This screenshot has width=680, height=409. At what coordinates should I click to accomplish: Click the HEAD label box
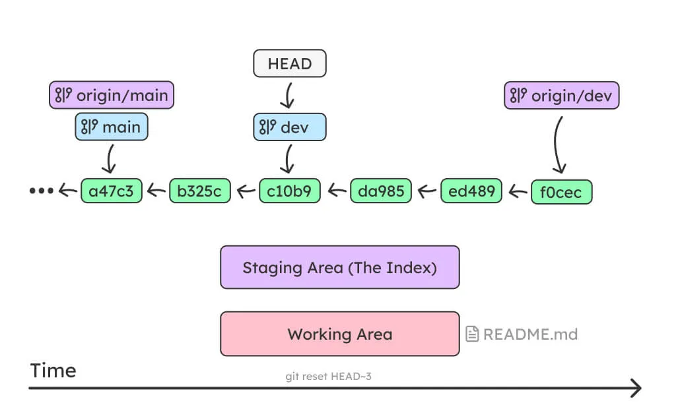tap(290, 64)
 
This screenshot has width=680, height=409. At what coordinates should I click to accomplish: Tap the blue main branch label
tap(112, 127)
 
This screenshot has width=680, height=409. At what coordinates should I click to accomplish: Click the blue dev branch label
tap(289, 127)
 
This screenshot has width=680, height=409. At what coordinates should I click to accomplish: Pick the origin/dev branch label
tap(562, 96)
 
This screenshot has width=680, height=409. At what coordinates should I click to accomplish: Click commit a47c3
tap(111, 191)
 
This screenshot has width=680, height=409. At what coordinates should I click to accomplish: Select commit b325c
tap(200, 191)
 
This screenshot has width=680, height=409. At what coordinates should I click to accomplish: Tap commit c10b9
tap(289, 191)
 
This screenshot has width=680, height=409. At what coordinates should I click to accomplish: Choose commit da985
tap(380, 191)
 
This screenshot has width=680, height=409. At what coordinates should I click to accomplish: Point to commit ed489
tap(471, 191)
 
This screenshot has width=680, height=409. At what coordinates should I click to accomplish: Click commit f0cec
tap(561, 192)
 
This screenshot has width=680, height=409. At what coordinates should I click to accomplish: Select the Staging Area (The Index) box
tap(339, 267)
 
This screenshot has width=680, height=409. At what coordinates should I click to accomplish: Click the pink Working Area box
tap(339, 334)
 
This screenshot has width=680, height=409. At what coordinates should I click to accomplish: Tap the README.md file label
tap(522, 334)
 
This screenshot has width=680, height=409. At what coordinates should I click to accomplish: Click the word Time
tap(53, 370)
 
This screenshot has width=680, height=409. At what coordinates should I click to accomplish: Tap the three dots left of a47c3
tap(41, 191)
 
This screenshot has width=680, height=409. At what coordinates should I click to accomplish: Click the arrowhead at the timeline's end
tap(636, 388)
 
